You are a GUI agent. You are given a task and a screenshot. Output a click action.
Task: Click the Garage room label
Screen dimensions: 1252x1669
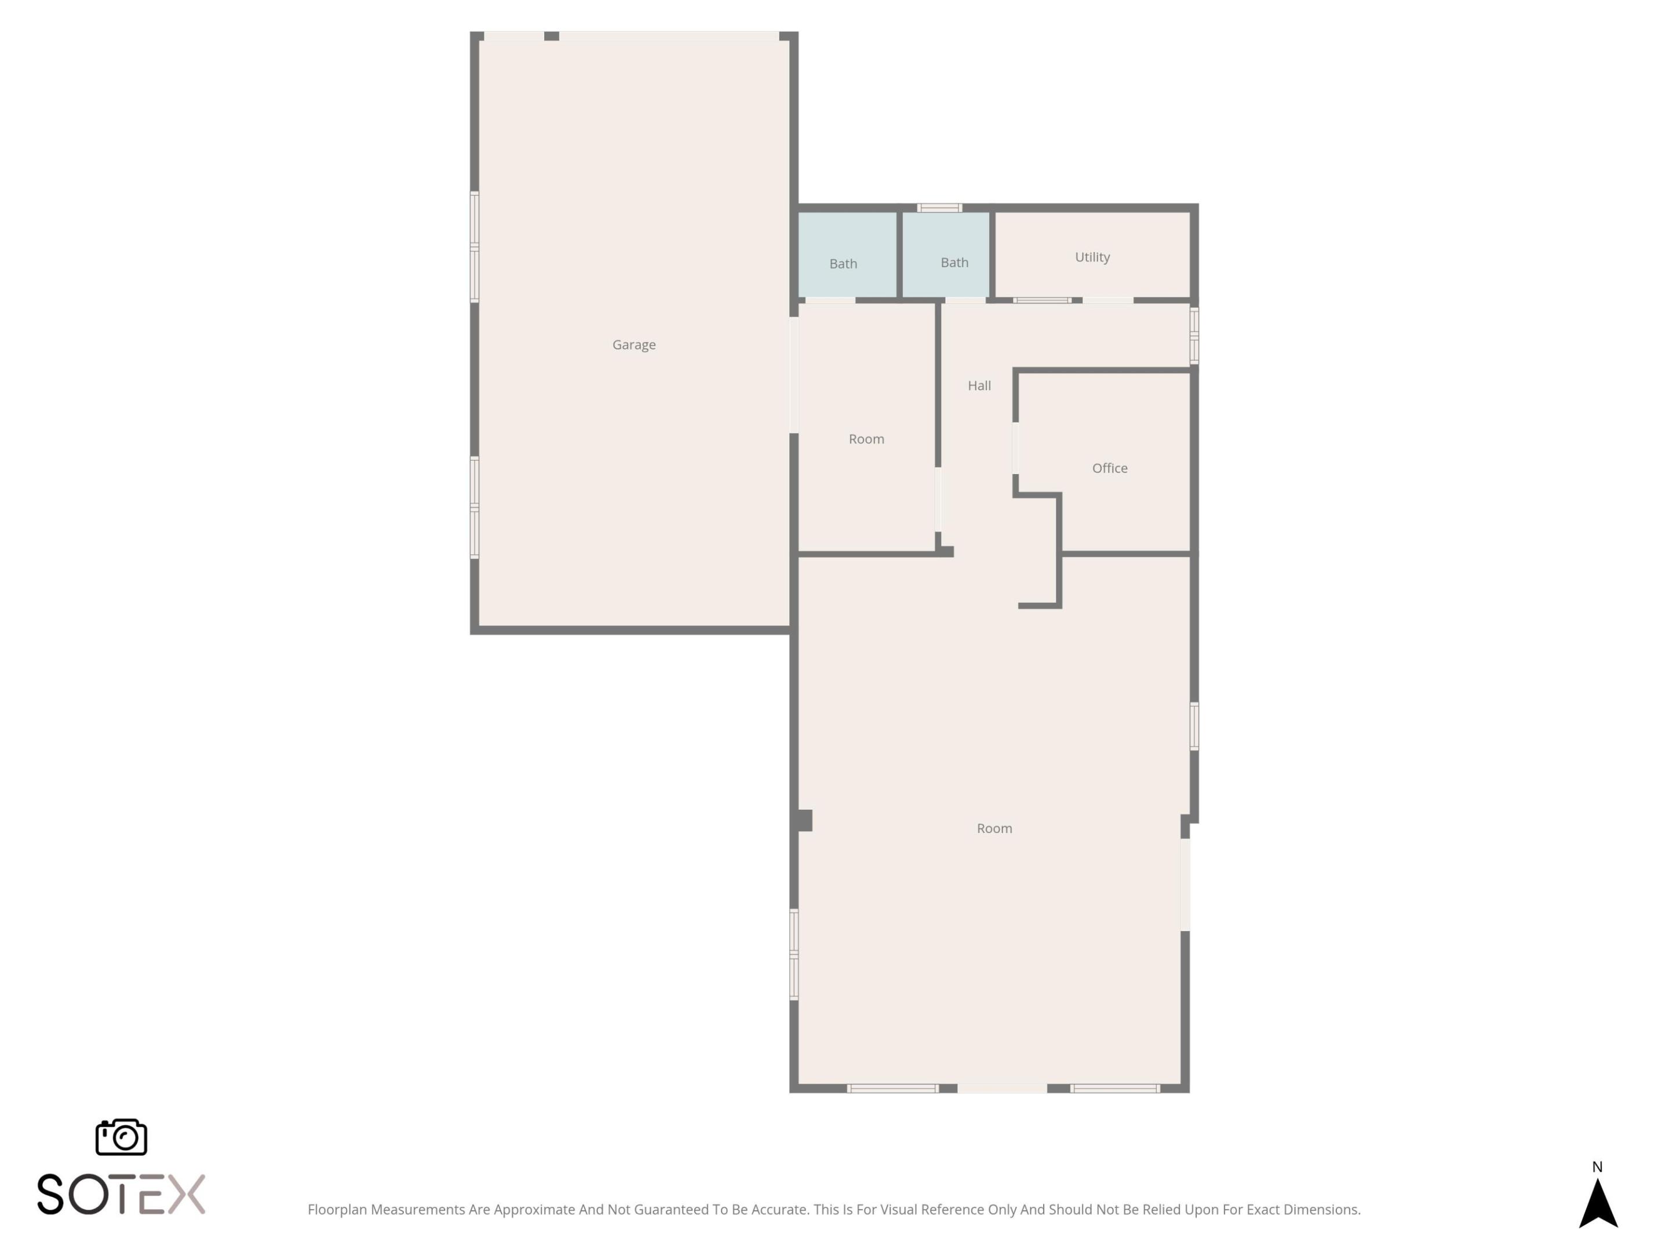(634, 345)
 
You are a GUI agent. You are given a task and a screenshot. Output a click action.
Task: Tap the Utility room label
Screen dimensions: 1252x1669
(1092, 257)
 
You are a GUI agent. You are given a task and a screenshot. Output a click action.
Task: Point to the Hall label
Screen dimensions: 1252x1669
(979, 385)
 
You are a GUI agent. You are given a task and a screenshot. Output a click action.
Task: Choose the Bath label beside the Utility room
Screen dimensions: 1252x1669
(954, 263)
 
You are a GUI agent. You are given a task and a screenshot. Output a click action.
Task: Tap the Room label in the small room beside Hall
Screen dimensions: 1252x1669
(865, 439)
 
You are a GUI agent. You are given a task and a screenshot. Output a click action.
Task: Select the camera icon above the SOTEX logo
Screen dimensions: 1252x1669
(121, 1137)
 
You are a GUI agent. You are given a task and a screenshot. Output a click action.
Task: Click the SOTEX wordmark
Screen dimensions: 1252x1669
(121, 1194)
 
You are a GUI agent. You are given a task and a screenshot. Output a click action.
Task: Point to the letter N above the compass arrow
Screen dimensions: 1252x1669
(1597, 1167)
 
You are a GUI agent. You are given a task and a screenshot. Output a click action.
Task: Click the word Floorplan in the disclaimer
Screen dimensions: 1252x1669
(337, 1210)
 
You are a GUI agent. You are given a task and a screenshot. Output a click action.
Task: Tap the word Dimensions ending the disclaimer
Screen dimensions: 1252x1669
(1322, 1210)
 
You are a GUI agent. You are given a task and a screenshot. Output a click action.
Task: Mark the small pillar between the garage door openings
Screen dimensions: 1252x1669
(552, 36)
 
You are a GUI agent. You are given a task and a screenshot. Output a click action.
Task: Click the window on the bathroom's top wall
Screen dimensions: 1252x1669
(939, 208)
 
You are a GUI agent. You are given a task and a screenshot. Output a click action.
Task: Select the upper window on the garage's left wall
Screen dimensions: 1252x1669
(475, 247)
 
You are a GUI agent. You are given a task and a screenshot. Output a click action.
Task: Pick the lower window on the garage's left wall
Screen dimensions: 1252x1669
(475, 507)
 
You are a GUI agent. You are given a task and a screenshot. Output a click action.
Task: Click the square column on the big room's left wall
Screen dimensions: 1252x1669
(805, 820)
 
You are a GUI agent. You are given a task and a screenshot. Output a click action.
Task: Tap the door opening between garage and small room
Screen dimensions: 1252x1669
(794, 375)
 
